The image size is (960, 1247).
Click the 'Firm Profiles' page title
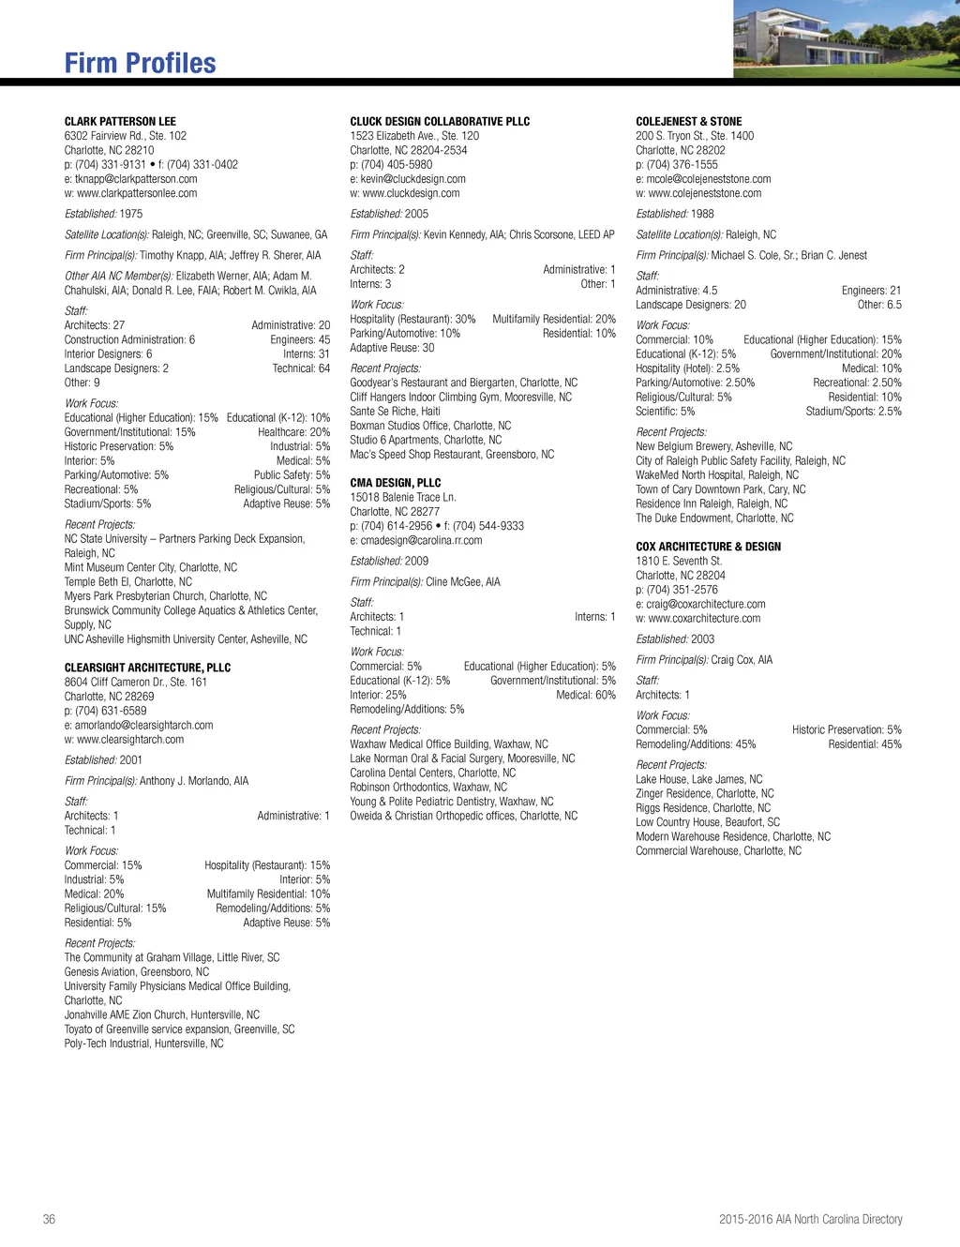(140, 63)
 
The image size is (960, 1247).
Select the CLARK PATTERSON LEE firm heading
(120, 122)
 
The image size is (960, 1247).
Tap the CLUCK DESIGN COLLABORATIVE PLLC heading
(440, 122)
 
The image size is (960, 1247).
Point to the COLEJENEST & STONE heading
(688, 122)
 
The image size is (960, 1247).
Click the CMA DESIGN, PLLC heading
(395, 483)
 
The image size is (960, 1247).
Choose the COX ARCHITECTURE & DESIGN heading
(708, 547)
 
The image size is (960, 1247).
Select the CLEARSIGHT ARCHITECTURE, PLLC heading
(147, 668)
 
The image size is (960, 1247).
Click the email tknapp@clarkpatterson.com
(130, 179)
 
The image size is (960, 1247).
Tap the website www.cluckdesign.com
(404, 193)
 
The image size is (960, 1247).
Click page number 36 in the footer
(49, 1219)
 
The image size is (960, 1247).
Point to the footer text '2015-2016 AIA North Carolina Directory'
(810, 1219)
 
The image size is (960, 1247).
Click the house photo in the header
(846, 38)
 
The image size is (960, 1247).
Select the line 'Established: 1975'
(103, 214)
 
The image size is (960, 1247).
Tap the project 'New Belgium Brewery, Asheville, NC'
(713, 446)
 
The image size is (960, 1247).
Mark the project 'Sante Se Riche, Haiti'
(395, 411)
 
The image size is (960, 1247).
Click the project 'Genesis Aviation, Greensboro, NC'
(136, 971)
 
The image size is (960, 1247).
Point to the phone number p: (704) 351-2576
(677, 590)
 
